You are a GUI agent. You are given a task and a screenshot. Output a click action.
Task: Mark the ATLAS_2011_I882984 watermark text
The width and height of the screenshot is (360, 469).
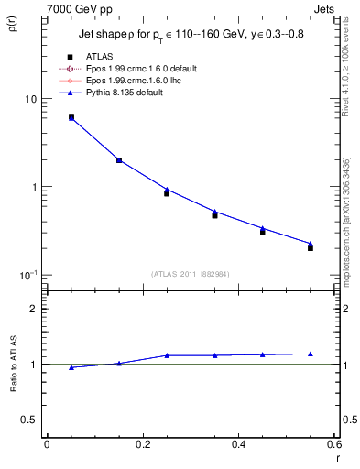coord(191,273)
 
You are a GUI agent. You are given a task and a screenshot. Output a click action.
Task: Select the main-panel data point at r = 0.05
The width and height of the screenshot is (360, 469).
coord(71,117)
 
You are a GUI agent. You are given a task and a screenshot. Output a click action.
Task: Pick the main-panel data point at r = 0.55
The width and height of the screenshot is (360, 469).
coord(311,247)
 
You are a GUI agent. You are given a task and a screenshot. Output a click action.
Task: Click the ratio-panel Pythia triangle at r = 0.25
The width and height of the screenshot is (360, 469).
coord(167,355)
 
